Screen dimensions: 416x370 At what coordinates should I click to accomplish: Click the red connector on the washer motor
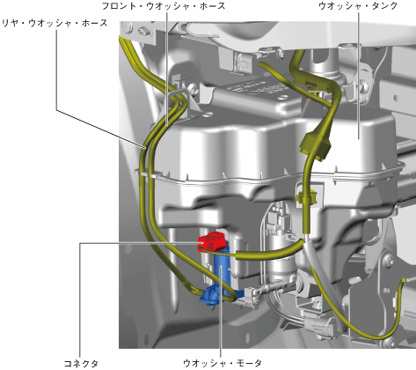click(213, 241)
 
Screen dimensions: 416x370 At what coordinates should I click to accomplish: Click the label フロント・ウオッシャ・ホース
click(164, 6)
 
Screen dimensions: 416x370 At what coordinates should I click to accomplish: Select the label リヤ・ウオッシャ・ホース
click(55, 24)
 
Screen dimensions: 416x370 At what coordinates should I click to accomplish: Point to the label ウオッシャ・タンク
click(358, 6)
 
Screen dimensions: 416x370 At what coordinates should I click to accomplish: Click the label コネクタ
click(81, 364)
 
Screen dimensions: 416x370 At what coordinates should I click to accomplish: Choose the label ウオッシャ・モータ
click(223, 364)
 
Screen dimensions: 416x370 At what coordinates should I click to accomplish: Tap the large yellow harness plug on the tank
click(316, 145)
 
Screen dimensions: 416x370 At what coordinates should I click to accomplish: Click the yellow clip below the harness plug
click(307, 196)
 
